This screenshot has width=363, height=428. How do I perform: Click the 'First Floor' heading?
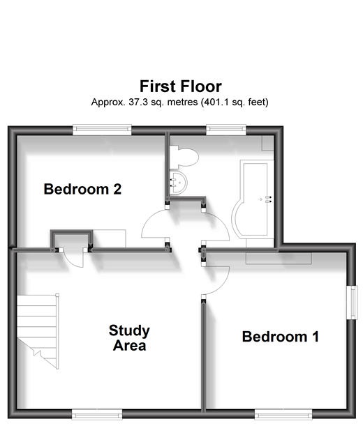[x=181, y=86]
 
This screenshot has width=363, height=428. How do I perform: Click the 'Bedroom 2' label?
[x=82, y=189]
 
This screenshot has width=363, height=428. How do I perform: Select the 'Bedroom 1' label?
[x=281, y=336]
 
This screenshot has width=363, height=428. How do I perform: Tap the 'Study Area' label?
[x=129, y=338]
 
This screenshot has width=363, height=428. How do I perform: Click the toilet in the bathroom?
[x=184, y=158]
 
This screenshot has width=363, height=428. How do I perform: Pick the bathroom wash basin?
[x=178, y=183]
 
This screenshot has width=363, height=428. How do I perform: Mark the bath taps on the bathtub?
[x=269, y=199]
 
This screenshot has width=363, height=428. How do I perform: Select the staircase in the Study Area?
[x=38, y=331]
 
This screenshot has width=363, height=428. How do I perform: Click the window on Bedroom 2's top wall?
[x=102, y=130]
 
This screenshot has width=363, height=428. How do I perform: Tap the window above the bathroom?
[x=226, y=130]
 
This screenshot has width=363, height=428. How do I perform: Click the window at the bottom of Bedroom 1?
[x=283, y=414]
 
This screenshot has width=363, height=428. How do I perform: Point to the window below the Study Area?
[x=97, y=414]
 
